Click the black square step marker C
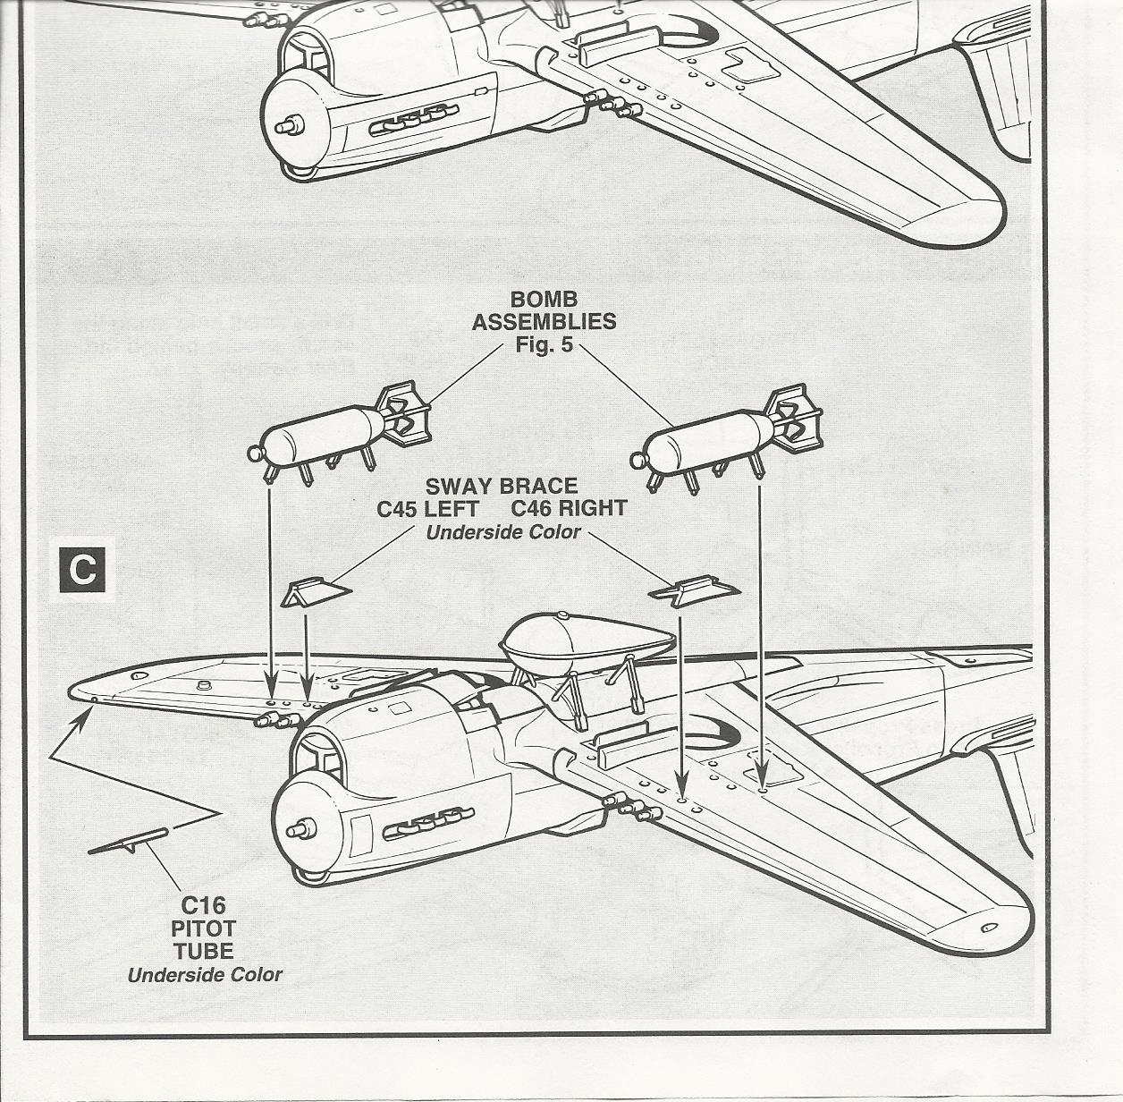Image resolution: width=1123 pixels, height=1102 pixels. click(82, 569)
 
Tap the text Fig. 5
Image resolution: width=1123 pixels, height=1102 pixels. click(544, 344)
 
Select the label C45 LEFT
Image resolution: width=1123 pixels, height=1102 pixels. click(427, 509)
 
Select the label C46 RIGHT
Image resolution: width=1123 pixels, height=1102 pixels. click(569, 509)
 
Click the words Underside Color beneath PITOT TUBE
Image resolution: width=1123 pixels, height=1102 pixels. click(205, 975)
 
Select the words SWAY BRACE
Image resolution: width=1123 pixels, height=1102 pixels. click(502, 487)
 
